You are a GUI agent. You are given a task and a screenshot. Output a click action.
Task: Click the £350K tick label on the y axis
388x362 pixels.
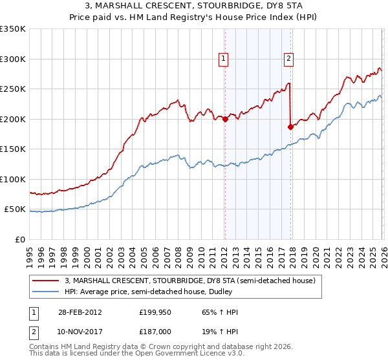click(13, 29)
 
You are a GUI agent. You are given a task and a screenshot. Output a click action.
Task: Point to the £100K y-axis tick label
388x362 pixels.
click(13, 179)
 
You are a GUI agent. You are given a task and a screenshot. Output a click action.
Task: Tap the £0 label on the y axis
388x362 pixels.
click(20, 239)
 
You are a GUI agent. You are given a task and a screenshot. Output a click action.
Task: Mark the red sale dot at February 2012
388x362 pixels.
click(225, 119)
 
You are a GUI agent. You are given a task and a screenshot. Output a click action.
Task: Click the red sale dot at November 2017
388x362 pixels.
click(290, 127)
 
